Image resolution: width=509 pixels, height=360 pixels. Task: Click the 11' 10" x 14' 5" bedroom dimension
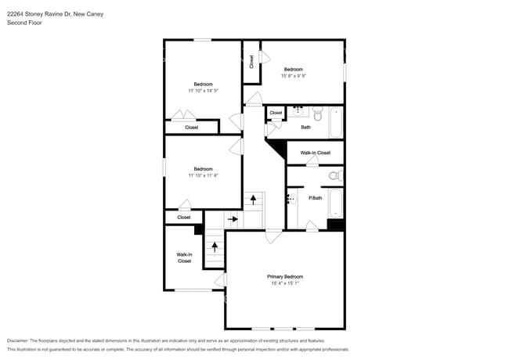[203, 91]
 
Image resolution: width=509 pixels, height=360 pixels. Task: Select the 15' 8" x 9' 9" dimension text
[299, 76]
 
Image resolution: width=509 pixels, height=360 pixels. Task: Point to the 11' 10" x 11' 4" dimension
[203, 175]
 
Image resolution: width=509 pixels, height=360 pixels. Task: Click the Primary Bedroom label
[285, 277]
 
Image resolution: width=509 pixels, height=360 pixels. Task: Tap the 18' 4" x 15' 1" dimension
[285, 284]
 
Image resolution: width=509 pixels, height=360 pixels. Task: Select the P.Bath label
[316, 198]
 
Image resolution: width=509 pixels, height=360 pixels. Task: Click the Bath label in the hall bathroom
[305, 127]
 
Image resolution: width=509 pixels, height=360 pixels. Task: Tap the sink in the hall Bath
[300, 111]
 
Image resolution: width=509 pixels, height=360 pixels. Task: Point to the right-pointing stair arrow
[233, 219]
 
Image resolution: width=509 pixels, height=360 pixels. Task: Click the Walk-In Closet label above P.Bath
[316, 153]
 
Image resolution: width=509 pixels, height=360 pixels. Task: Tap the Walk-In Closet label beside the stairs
[184, 257]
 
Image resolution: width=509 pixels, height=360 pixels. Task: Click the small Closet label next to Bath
[276, 113]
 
